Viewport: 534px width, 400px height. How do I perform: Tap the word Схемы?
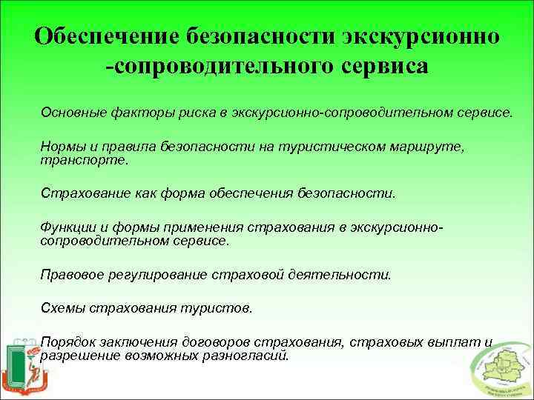[63, 307]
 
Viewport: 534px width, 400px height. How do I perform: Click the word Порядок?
[68, 343]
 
